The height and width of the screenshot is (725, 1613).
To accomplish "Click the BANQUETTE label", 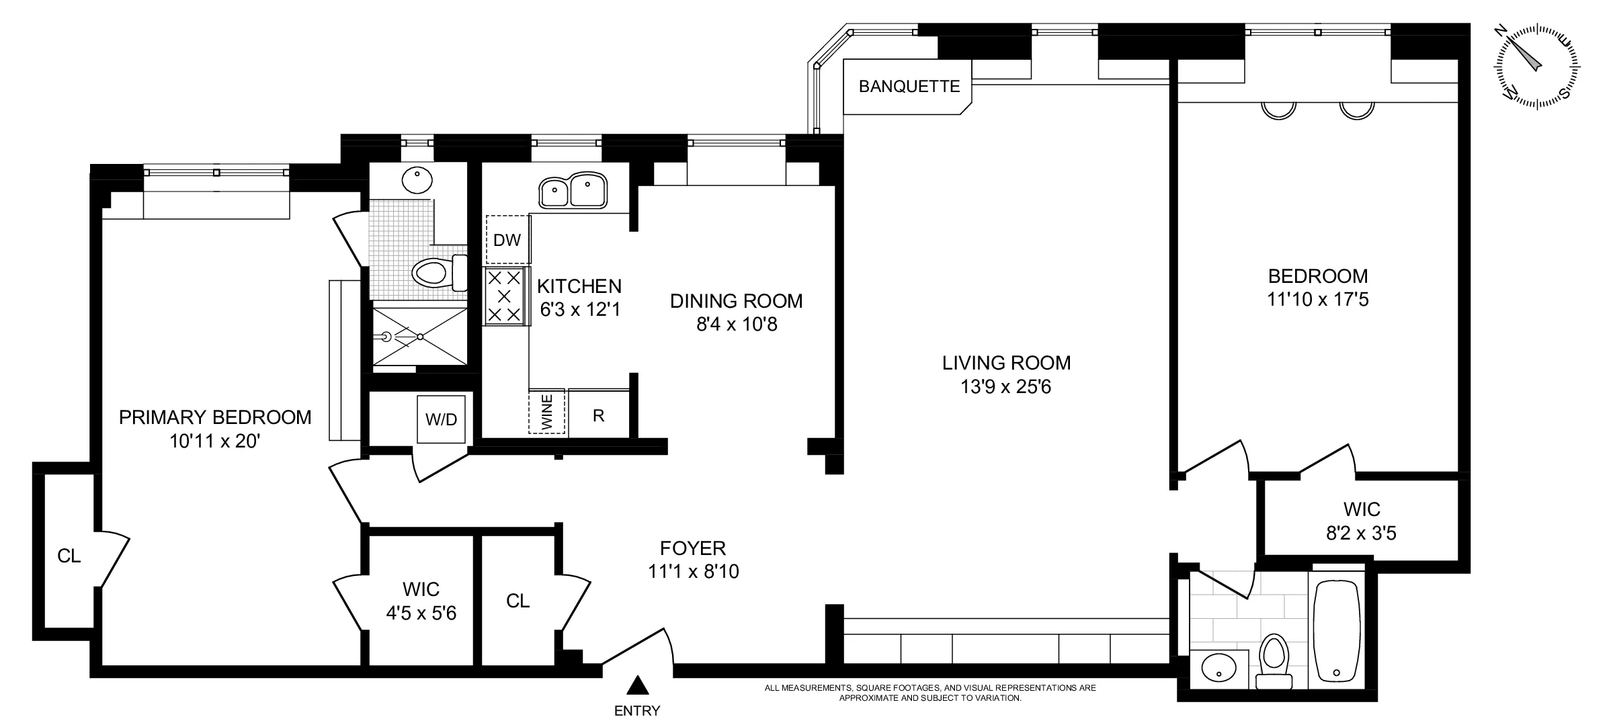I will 909,87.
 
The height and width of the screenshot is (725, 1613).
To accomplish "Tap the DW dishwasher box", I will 507,240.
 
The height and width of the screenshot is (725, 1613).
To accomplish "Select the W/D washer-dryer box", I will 441,419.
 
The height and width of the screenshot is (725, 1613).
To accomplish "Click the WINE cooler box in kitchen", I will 547,411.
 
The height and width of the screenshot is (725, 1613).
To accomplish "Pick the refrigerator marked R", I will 598,415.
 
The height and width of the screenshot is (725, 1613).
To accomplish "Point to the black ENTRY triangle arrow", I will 636,685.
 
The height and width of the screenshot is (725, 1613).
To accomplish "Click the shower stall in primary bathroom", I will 420,336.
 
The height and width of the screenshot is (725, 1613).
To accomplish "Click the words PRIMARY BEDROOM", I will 215,417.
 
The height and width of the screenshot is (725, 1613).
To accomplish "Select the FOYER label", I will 693,548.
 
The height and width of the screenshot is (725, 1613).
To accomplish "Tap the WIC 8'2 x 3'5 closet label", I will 1361,521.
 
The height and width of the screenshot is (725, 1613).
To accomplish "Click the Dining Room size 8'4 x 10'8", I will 737,325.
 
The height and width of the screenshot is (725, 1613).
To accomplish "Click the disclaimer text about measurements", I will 930,693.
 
